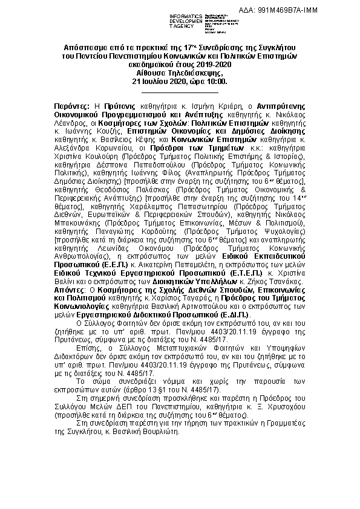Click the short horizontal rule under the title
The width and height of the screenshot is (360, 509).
(179, 91)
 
